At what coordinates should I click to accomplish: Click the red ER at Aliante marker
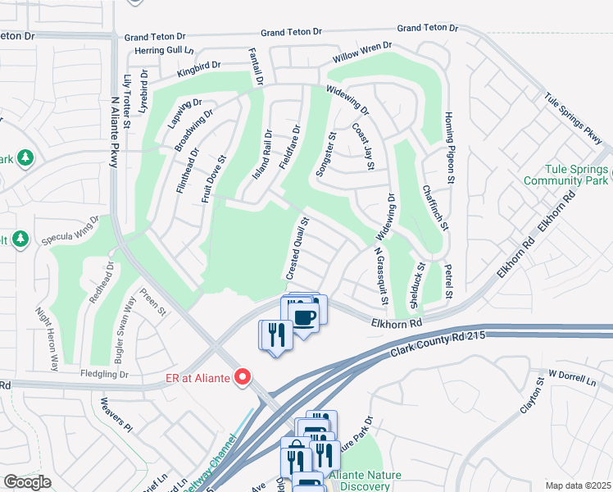coord(243,377)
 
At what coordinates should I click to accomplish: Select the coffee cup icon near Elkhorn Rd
coord(304,317)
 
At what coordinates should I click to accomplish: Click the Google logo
coord(27,482)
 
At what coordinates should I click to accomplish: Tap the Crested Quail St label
coord(298,246)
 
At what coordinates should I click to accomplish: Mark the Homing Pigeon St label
coord(448,148)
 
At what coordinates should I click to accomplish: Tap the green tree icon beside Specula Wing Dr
coord(20,239)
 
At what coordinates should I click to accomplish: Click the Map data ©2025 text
coord(577,485)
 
